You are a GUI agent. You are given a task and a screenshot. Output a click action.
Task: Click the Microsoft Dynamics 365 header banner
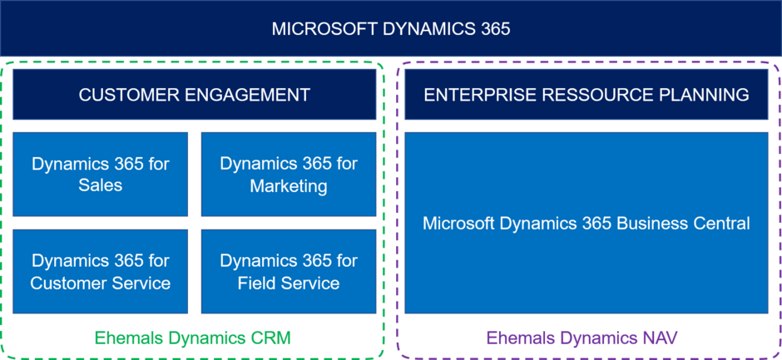391,28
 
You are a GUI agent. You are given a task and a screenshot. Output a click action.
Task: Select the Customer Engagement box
194,95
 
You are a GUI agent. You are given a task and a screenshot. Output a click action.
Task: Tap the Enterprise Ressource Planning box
586,95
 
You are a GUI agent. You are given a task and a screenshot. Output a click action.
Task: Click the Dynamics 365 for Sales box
101,174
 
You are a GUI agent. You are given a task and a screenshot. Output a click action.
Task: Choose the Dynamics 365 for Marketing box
289,174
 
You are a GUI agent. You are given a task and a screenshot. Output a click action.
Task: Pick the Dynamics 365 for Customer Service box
101,272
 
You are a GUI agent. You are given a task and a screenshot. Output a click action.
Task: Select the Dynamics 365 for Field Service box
289,272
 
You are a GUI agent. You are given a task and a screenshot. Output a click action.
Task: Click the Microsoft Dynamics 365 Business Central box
586,223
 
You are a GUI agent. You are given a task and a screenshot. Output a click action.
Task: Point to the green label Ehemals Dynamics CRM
193,338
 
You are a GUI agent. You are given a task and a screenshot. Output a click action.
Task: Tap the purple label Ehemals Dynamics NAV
582,338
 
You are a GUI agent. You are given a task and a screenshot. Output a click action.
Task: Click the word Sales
101,185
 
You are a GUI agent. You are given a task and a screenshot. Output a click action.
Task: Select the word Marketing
289,185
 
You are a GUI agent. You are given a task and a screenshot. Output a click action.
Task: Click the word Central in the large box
721,223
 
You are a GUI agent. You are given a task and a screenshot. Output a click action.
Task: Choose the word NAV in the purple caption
658,338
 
